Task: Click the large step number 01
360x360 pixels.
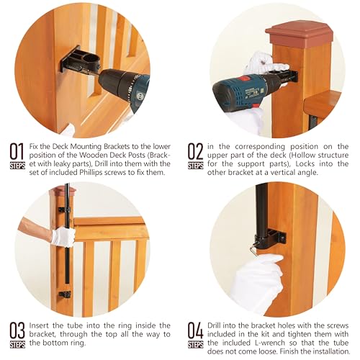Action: [x=17, y=151]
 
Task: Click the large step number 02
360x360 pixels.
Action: [x=195, y=151]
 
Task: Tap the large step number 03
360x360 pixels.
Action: [x=17, y=330]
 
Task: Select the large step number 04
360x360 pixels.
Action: [x=196, y=330]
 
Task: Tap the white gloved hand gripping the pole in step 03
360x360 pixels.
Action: [x=63, y=237]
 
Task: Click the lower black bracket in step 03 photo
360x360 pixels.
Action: [x=65, y=294]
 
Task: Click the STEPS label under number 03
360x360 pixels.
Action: [x=17, y=345]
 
